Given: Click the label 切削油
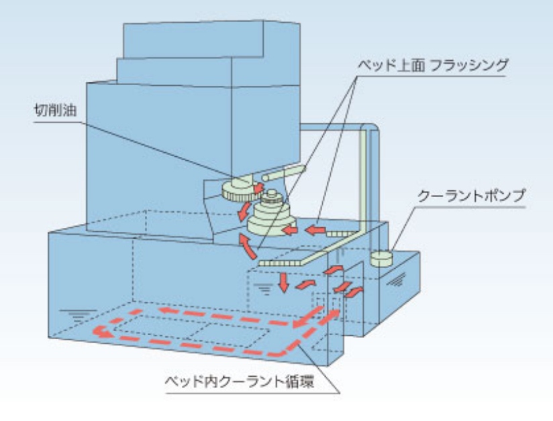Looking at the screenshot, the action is (55, 111).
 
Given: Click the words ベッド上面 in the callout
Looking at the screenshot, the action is (391, 66).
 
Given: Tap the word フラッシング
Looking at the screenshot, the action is (469, 66).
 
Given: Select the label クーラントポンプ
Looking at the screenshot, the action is (471, 196).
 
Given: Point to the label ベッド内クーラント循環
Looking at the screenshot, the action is (240, 381).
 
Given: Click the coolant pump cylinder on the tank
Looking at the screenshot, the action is (381, 258).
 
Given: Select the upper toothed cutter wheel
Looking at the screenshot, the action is (238, 190).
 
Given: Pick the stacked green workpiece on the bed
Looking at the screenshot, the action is (271, 216).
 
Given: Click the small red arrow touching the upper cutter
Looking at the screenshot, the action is (258, 188).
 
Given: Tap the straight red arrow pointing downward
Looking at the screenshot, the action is (283, 282).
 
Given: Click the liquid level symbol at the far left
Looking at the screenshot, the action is (78, 316).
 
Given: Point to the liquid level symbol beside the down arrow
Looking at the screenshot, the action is (264, 289).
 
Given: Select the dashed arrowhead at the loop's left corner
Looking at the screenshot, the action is (101, 332).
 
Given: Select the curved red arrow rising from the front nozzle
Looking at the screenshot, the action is (248, 246).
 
